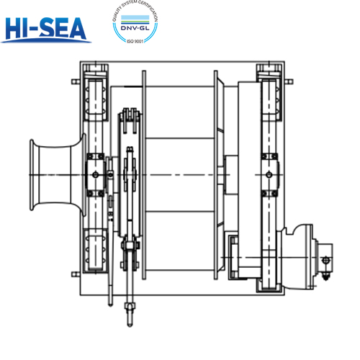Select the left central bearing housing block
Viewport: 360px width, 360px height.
[x=95, y=173]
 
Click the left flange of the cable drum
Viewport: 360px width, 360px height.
[x=145, y=173]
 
